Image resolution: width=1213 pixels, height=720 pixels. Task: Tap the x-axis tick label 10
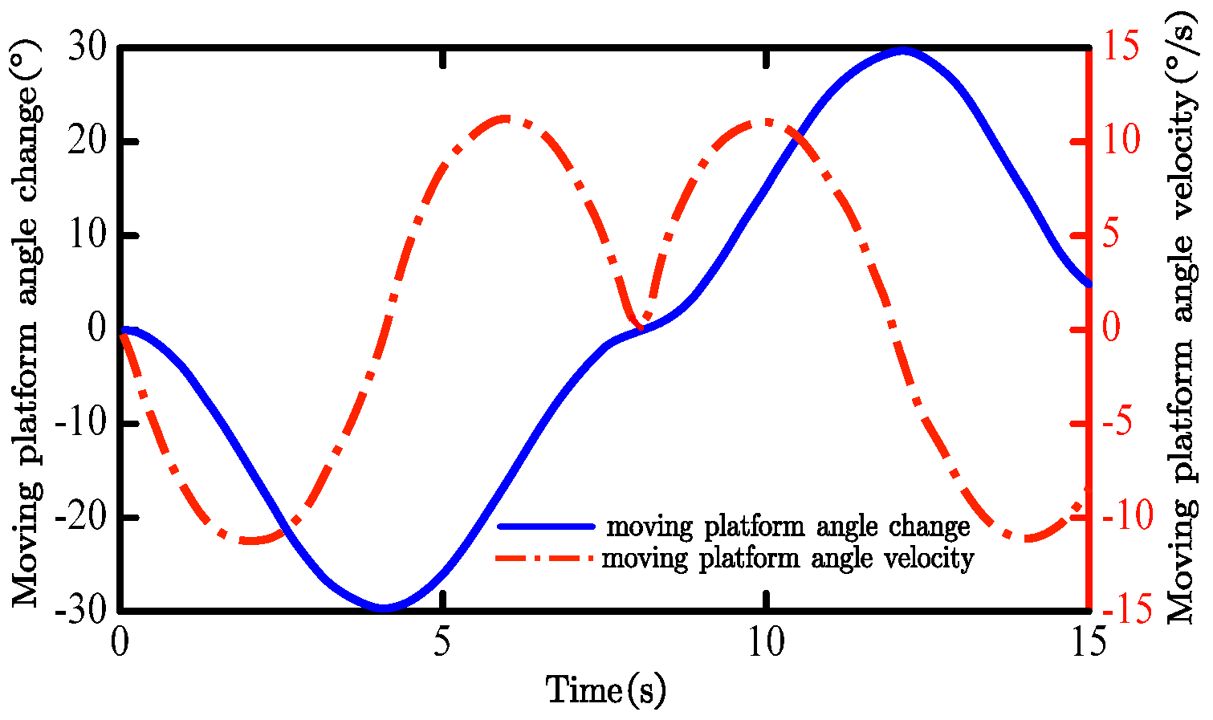767,644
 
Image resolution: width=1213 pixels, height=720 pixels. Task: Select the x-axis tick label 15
1089,644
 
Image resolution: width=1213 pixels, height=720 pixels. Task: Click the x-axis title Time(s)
606,689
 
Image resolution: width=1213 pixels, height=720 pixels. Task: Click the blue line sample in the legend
546,527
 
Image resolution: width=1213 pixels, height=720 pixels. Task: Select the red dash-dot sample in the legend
546,557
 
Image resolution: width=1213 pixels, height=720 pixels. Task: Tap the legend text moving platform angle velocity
788,557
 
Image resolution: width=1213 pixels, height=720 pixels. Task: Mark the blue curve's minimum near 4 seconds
384,608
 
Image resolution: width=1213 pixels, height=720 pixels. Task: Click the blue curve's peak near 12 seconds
902,51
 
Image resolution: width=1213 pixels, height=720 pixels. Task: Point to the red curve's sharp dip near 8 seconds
640,325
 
